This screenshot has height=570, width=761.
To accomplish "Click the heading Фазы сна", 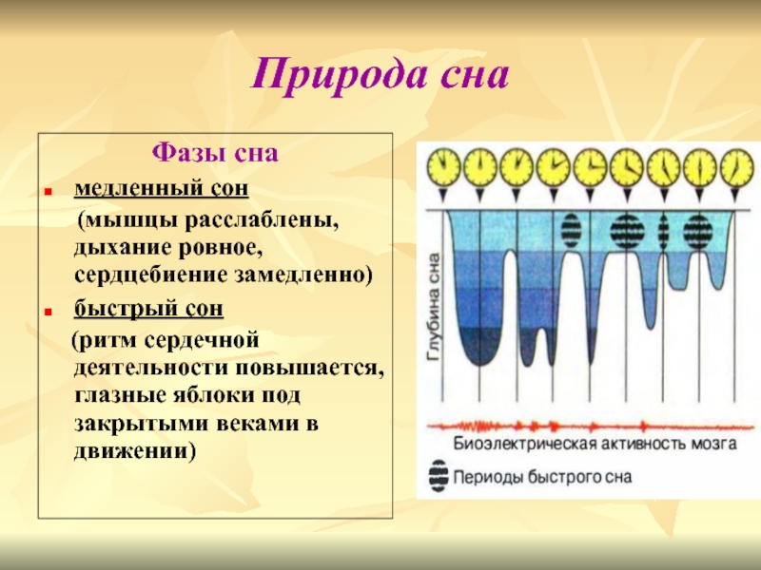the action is [215, 152].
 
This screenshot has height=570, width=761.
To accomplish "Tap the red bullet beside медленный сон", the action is [48, 192].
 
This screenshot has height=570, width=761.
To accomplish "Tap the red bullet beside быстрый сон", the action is [48, 313].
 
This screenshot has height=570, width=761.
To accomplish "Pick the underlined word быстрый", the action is [123, 308].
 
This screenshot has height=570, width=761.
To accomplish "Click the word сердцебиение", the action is [152, 275].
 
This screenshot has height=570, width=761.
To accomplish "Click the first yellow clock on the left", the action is [443, 167].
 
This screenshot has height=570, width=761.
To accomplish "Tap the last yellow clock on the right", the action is [736, 167].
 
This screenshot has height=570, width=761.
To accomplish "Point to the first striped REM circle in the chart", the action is [572, 229].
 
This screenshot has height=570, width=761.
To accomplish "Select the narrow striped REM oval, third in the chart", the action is [663, 229].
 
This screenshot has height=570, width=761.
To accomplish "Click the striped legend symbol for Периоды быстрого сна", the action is [439, 476].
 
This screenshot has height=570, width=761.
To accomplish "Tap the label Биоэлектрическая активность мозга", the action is [595, 444].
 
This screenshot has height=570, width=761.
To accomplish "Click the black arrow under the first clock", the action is [443, 196].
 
